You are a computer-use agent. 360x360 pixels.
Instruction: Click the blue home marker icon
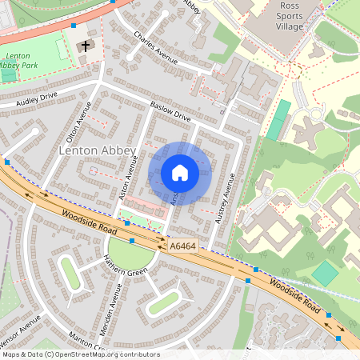click(180, 173)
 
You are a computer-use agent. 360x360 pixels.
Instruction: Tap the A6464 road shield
click(183, 247)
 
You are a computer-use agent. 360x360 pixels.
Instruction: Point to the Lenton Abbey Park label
click(19, 60)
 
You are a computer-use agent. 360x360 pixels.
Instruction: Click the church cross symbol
click(85, 46)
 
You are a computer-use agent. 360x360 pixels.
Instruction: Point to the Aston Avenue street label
click(123, 182)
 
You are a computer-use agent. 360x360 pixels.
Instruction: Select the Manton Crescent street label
click(86, 341)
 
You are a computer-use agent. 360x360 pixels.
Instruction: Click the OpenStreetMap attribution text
click(80, 354)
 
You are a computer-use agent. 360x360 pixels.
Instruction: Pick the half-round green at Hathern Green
click(130, 255)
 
